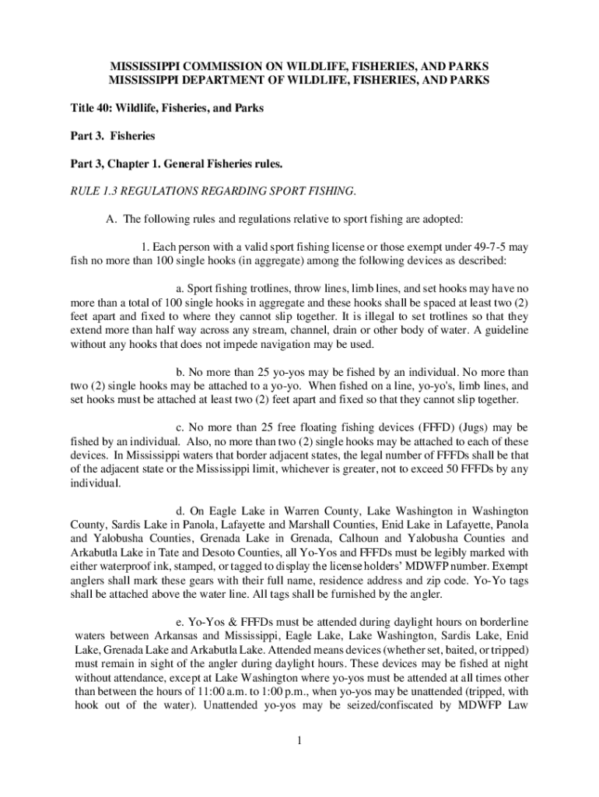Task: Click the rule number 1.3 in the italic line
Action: (107, 191)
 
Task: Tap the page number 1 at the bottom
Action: (299, 740)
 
